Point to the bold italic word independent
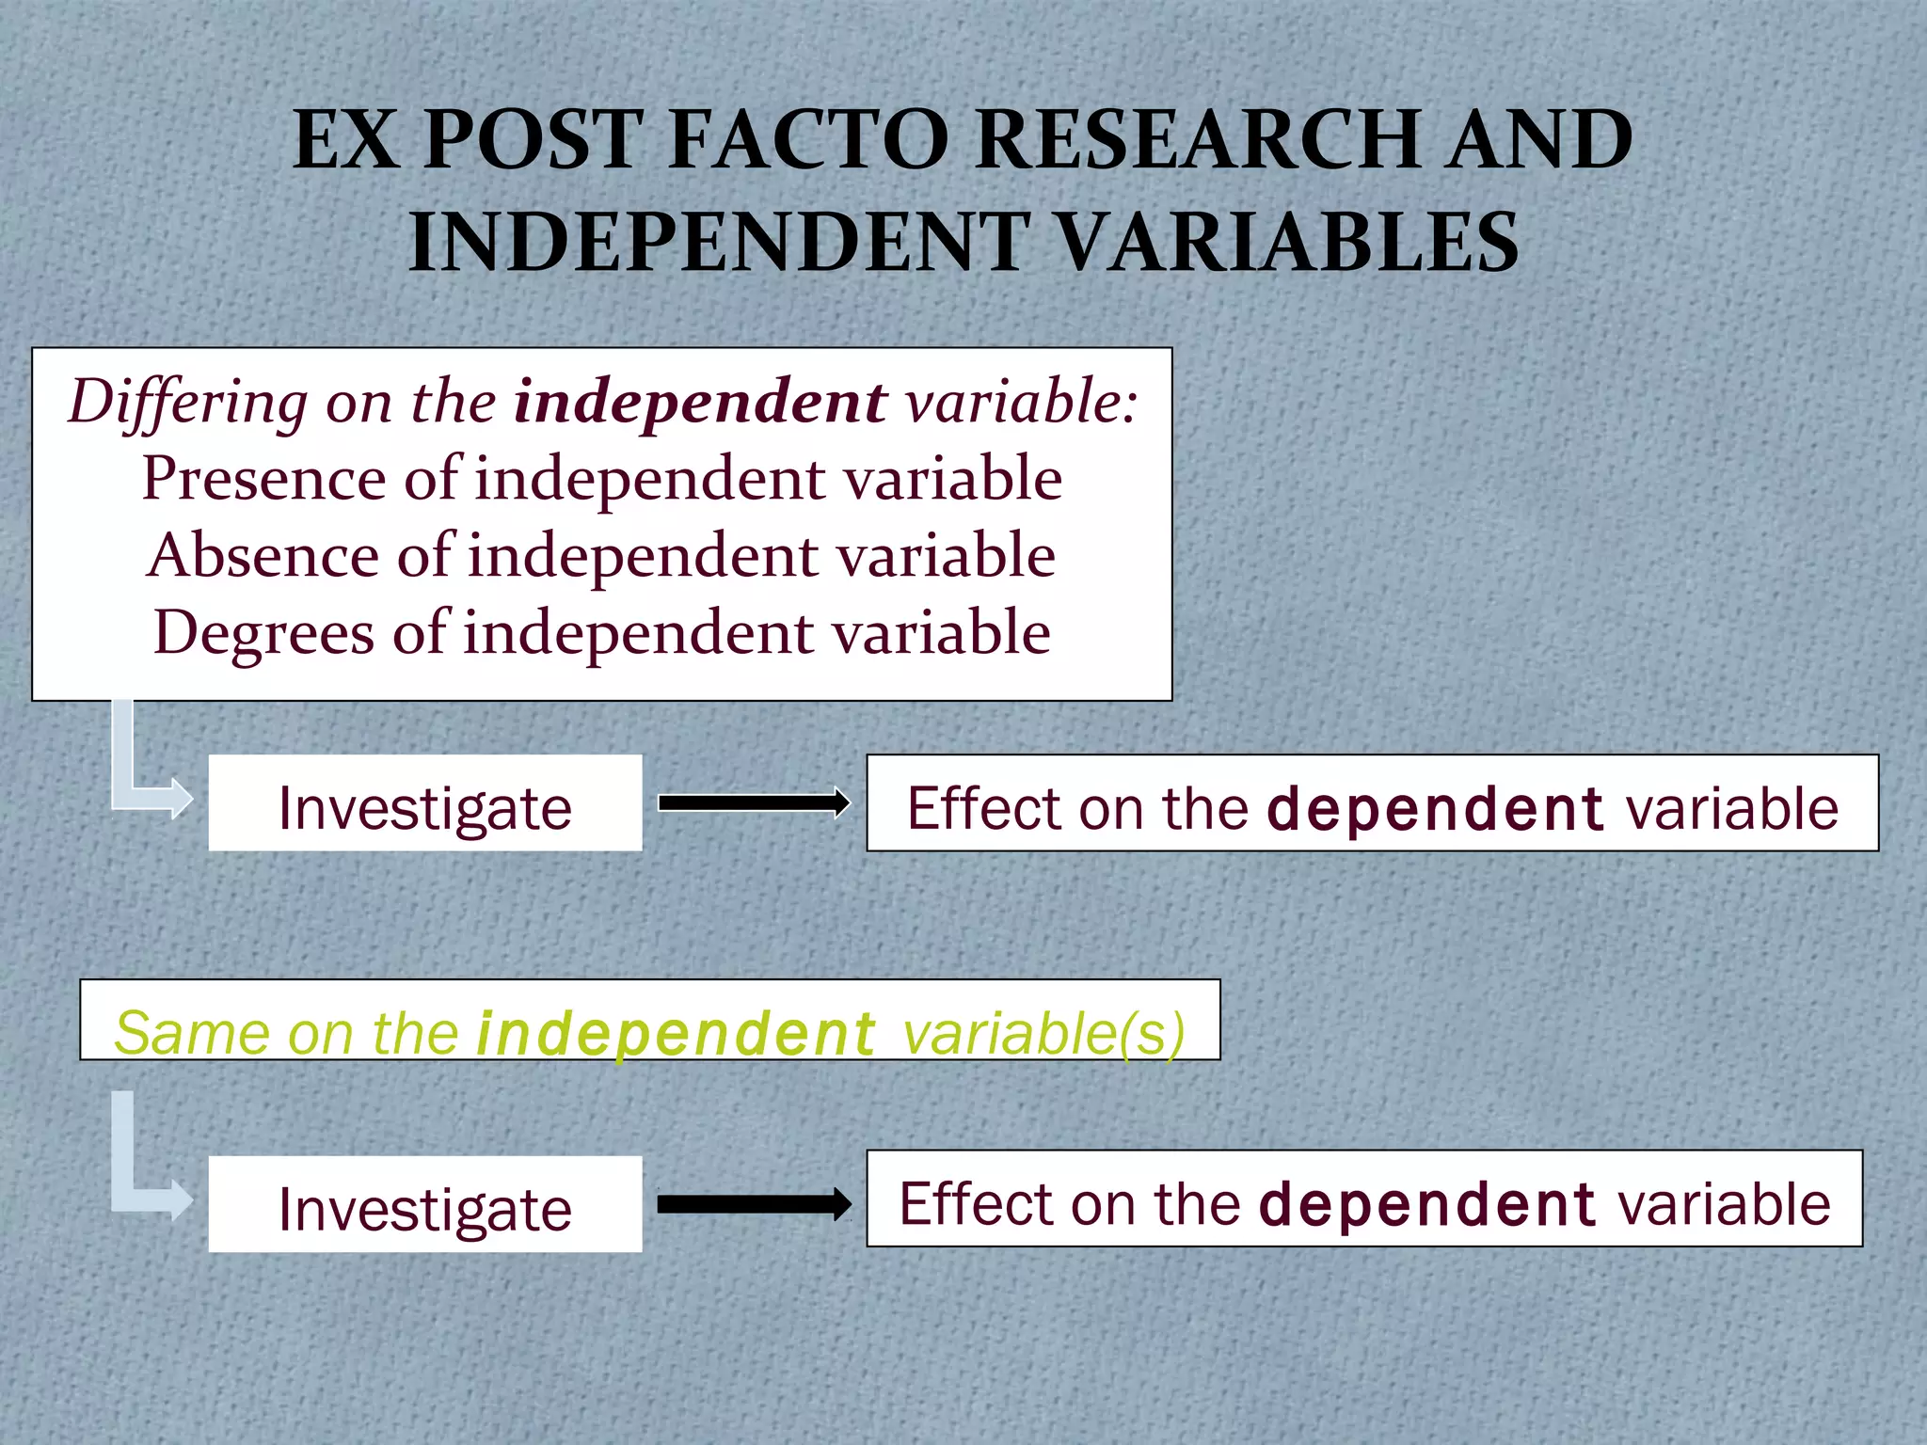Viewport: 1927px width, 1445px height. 699,402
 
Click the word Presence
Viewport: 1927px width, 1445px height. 263,478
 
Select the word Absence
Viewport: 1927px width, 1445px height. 262,555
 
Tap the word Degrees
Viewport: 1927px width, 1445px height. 263,632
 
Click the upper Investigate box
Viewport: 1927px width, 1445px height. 425,803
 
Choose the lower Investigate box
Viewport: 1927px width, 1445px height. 425,1204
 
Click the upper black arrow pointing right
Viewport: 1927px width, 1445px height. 754,802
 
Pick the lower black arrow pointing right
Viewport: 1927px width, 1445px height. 754,1204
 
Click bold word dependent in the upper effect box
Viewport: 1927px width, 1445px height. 1435,808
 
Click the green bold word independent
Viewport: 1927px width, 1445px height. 676,1033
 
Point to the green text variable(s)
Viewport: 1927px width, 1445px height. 1043,1033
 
